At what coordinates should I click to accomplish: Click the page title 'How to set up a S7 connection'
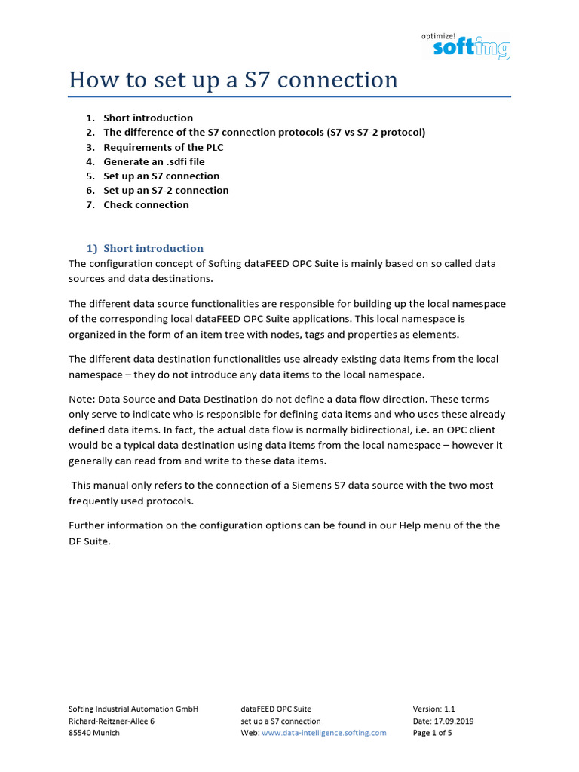tap(233, 80)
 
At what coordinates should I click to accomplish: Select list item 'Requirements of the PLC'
tap(163, 147)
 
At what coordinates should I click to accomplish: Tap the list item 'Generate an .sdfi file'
tap(154, 161)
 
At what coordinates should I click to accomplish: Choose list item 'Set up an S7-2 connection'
tap(166, 190)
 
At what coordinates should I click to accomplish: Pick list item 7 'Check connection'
tap(146, 204)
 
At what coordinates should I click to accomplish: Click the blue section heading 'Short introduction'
tap(153, 248)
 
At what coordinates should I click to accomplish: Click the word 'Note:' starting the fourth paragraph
tap(82, 398)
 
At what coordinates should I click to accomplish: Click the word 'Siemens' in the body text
tap(308, 486)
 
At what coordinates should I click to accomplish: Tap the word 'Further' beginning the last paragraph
tap(88, 525)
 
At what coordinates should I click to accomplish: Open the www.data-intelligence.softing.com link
tap(323, 732)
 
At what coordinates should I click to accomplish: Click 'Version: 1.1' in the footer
tap(434, 709)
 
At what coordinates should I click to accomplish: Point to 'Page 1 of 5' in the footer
tap(432, 732)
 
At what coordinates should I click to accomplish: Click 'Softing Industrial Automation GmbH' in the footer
tap(133, 709)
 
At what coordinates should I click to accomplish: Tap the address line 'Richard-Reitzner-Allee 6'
tap(112, 721)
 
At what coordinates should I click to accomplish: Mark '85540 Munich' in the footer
tap(93, 732)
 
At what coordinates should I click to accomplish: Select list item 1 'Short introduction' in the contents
tap(148, 118)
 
